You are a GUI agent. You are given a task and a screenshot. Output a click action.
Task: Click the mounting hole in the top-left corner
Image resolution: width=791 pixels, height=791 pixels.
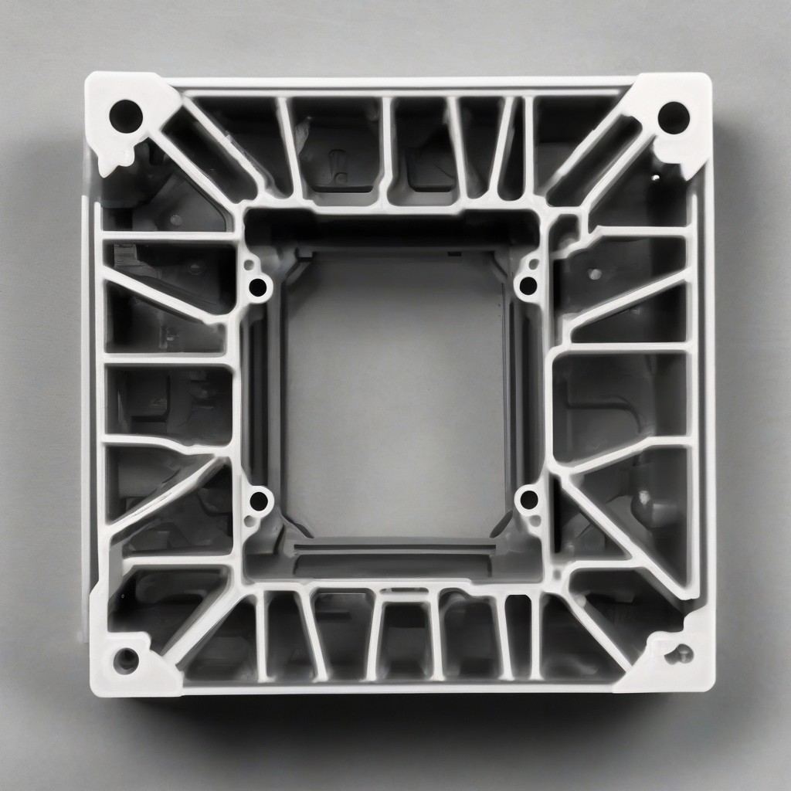pyautogui.click(x=126, y=117)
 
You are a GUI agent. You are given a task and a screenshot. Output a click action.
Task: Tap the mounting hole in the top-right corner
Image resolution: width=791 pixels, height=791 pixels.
pyautogui.click(x=673, y=117)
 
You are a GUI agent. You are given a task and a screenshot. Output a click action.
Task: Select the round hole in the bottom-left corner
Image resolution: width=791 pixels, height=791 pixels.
pyautogui.click(x=126, y=660)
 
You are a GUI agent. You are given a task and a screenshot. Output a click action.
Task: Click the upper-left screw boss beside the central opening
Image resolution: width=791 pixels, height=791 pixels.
pyautogui.click(x=258, y=288)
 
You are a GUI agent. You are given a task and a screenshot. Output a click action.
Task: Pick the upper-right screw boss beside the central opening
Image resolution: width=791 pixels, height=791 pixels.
pyautogui.click(x=528, y=286)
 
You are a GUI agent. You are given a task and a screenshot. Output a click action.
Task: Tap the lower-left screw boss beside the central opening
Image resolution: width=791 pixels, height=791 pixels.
pyautogui.click(x=259, y=501)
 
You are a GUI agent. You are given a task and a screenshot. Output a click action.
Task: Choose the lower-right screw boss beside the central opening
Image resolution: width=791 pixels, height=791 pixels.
pyautogui.click(x=529, y=500)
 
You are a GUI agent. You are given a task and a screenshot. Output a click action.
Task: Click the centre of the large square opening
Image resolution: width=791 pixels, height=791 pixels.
pyautogui.click(x=394, y=394)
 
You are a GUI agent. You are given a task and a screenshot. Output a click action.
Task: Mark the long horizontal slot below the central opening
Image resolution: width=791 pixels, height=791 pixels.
pyautogui.click(x=394, y=550)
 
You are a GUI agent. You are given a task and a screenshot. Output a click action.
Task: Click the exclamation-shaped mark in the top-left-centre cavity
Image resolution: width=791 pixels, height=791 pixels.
pyautogui.click(x=334, y=162)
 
